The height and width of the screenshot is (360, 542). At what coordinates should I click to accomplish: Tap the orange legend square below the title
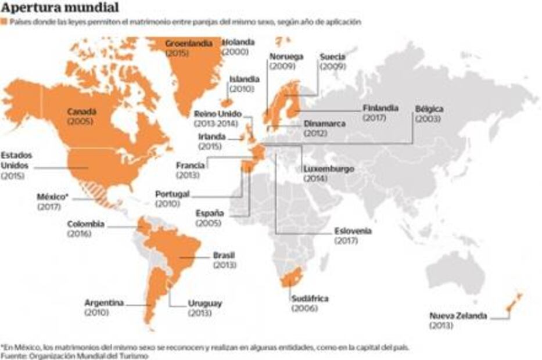click(4, 22)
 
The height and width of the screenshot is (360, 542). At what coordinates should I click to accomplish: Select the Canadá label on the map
click(81, 111)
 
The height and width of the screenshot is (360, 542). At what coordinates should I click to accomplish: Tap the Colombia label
click(86, 224)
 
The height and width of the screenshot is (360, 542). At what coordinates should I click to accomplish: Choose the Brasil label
click(224, 255)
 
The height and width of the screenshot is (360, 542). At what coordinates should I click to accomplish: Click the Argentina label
click(104, 303)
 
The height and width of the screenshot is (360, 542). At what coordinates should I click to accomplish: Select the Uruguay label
click(205, 303)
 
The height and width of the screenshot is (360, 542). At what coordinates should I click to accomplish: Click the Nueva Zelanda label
click(458, 316)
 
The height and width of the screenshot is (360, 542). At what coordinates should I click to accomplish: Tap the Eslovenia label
click(353, 231)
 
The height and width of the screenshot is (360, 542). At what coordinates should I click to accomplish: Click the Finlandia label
click(381, 108)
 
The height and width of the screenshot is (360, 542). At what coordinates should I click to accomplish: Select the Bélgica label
click(429, 109)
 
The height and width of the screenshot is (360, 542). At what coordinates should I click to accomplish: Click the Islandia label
click(245, 79)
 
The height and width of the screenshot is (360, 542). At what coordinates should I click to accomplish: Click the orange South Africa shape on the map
click(290, 279)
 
